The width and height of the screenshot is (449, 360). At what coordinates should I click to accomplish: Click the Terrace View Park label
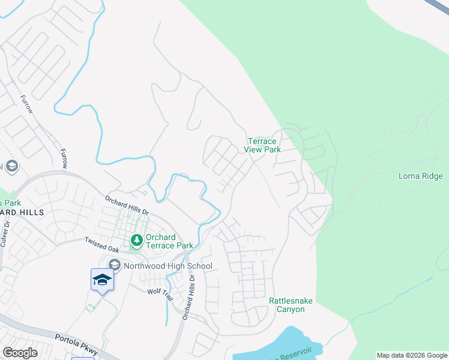264,145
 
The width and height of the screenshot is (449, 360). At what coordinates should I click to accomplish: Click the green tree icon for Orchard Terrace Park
137,240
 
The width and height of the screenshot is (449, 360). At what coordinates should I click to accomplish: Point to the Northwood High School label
168,266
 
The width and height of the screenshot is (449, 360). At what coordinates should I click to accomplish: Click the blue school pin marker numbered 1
102,280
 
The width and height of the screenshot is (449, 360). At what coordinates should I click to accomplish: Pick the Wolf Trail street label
160,291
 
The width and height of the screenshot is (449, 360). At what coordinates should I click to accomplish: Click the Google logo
20,353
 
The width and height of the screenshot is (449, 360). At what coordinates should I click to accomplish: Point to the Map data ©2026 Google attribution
412,355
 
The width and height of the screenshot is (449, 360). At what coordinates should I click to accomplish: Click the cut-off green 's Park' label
11,203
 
